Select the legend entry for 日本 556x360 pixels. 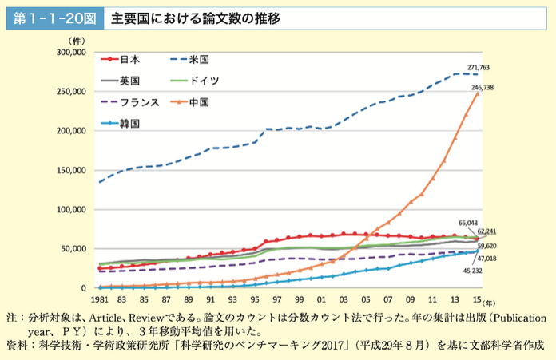130,59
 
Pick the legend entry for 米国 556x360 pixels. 198,59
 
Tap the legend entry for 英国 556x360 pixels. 130,81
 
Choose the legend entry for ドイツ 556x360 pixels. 205,81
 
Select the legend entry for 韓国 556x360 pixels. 130,124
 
